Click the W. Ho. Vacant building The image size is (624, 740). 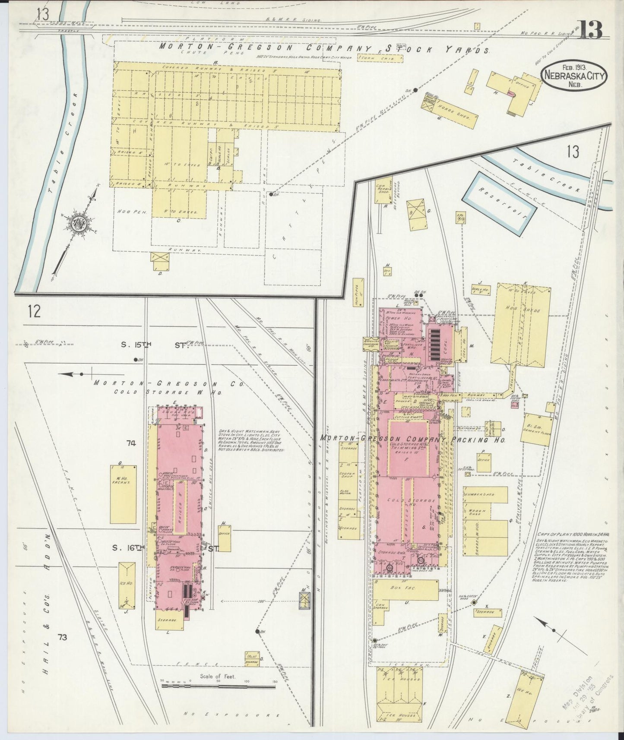[x=123, y=493]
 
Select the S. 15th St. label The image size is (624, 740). [x=160, y=345]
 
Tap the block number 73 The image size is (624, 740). [x=63, y=636]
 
